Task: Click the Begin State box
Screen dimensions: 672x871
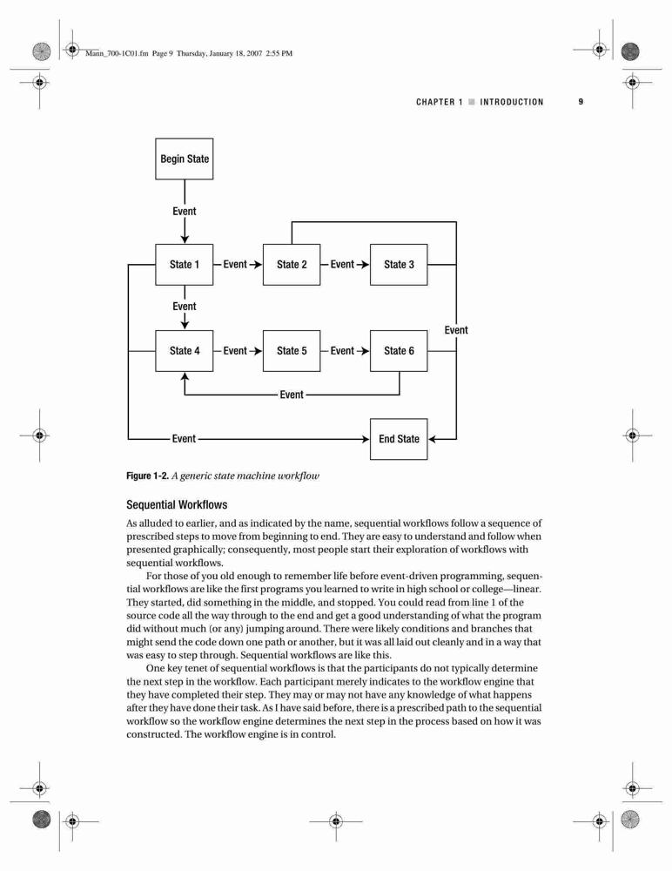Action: tap(184, 159)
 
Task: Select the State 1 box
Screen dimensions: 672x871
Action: tap(184, 265)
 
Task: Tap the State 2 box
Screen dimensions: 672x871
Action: tap(292, 265)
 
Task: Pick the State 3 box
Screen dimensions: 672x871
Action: tap(399, 265)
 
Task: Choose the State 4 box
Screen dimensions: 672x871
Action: tap(184, 350)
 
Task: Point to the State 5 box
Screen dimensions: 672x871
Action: tap(292, 350)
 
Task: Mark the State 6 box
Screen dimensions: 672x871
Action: tap(399, 350)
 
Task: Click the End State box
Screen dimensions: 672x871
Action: tap(399, 439)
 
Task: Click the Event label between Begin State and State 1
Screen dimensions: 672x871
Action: tap(185, 211)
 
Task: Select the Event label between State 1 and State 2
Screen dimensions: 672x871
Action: tap(235, 265)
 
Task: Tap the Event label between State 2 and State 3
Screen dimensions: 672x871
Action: tap(342, 265)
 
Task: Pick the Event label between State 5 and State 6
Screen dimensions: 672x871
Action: tap(342, 350)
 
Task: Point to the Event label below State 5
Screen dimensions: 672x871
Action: tap(292, 395)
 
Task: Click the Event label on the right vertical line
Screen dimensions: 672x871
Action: tap(456, 330)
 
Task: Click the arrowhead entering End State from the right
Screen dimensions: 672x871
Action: tap(433, 439)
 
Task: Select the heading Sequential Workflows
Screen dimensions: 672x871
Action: tap(177, 505)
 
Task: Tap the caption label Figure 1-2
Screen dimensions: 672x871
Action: tap(147, 476)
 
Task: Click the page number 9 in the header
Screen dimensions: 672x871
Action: tap(581, 102)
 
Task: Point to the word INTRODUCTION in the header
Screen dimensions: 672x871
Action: tap(512, 102)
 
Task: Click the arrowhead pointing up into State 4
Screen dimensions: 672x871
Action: tap(185, 376)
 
